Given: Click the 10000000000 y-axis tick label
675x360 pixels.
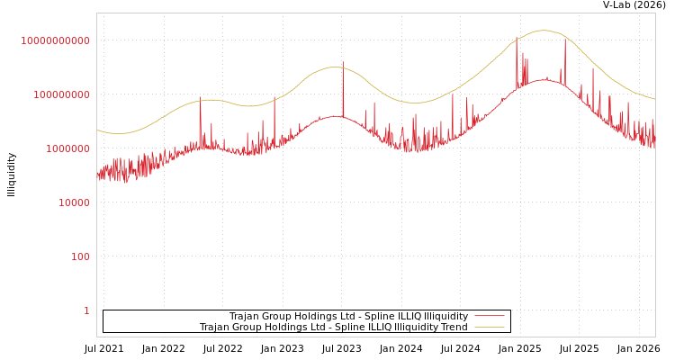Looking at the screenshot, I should pyautogui.click(x=55, y=40).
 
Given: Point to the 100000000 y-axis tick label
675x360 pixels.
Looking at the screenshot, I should pyautogui.click(x=61, y=94).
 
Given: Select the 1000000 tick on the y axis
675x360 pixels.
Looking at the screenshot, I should pyautogui.click(x=67, y=148).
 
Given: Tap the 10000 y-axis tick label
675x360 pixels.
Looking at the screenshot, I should pyautogui.click(x=74, y=202).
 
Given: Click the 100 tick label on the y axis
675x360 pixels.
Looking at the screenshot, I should pyautogui.click(x=80, y=256).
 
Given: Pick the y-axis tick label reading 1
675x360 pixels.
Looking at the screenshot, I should pyautogui.click(x=86, y=310).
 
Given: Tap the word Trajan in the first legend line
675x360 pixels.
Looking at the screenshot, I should pyautogui.click(x=244, y=317).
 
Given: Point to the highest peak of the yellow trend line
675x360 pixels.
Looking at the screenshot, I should pyautogui.click(x=543, y=31).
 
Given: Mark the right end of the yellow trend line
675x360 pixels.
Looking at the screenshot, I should pyautogui.click(x=655, y=99).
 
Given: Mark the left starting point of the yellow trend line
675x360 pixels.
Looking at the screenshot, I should pyautogui.click(x=97, y=130).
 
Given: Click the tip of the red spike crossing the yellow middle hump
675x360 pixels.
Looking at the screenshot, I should pyautogui.click(x=343, y=61).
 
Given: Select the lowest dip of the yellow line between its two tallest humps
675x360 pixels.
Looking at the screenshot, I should pyautogui.click(x=416, y=103).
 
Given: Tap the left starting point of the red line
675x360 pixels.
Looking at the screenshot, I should pyautogui.click(x=97, y=176).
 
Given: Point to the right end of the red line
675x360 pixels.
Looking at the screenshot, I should pyautogui.click(x=655, y=144).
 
